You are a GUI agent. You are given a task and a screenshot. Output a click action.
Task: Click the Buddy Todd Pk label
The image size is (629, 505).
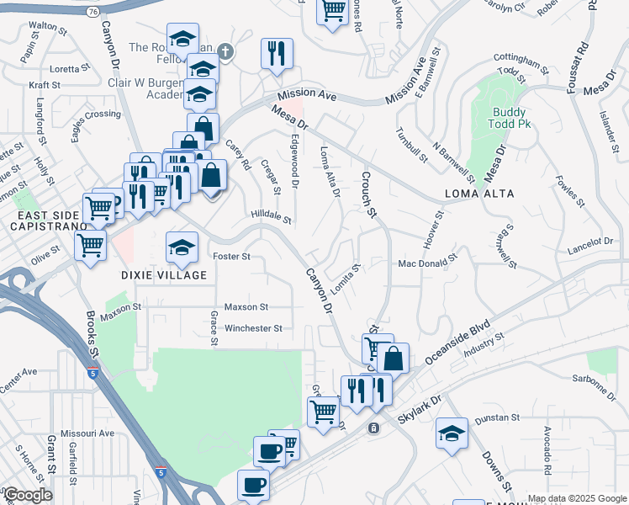coord(510,119)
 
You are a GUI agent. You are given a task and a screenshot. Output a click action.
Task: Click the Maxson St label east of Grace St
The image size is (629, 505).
coord(246,307)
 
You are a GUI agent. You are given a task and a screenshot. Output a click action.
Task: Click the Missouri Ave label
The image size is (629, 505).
coord(92,433)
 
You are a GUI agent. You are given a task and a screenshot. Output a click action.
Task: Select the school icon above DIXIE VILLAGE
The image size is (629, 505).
coord(182,247)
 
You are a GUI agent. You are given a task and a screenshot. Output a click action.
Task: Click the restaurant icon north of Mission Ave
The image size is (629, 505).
coord(275,53)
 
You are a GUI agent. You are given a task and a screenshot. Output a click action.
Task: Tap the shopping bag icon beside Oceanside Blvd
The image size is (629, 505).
coord(393,358)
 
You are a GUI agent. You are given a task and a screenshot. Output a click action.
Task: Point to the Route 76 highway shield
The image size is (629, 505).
coord(92,11)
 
